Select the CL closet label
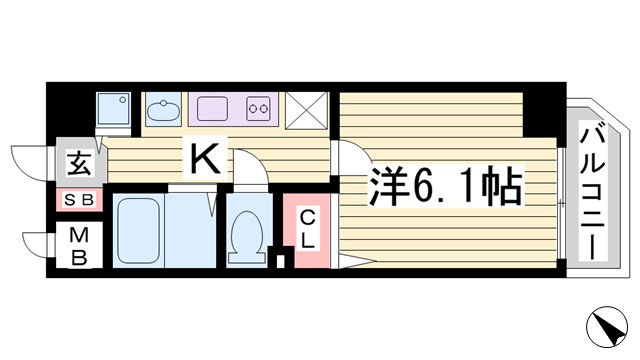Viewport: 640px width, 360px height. (x=308, y=229)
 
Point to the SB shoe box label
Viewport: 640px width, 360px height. (x=80, y=199)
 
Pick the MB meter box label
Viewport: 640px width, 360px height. (x=79, y=246)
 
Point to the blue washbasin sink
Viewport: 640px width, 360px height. (x=160, y=107)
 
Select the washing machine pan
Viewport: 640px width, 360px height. (x=114, y=107)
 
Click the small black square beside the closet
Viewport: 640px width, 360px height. (x=280, y=262)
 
